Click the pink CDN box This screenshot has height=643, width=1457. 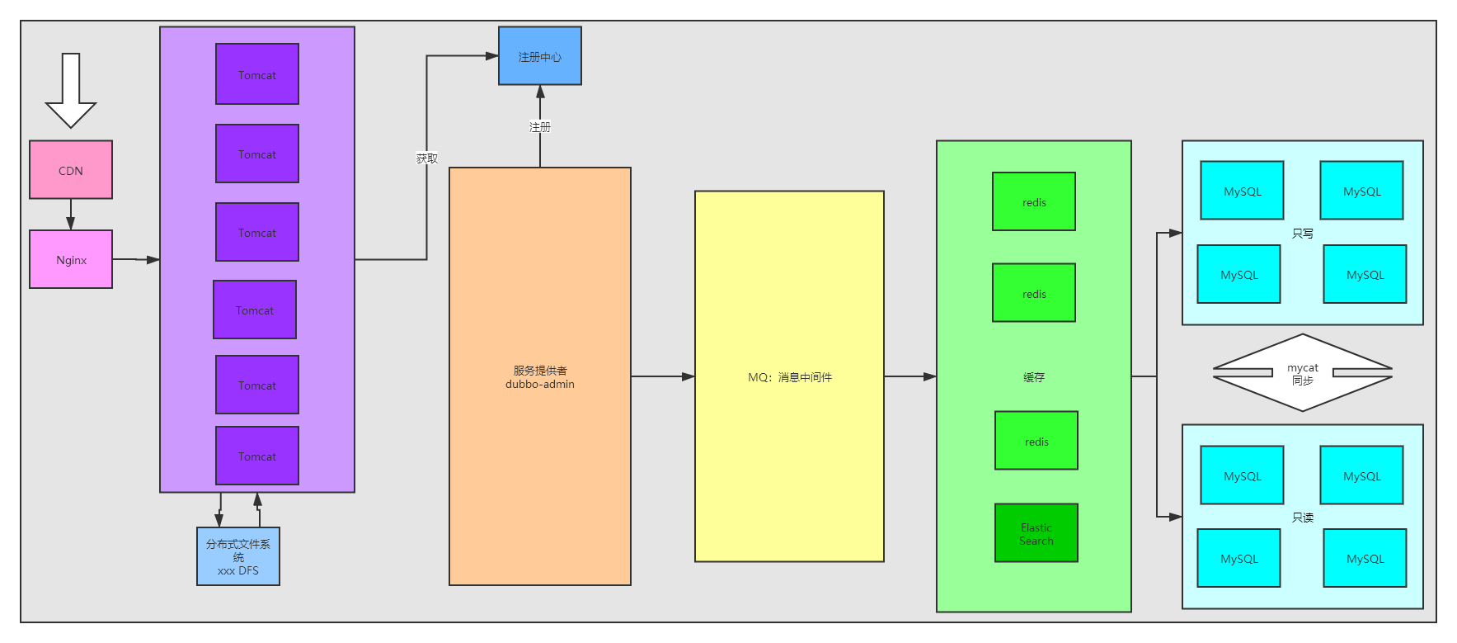click(x=71, y=170)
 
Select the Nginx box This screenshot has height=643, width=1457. click(x=71, y=259)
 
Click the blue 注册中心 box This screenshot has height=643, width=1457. click(x=540, y=56)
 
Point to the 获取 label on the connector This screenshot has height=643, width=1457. click(x=427, y=158)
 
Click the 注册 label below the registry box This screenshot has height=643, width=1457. click(x=540, y=127)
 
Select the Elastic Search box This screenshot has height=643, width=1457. click(x=1036, y=533)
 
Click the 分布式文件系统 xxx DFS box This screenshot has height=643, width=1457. click(x=238, y=556)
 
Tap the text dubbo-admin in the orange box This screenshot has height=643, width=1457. click(x=540, y=384)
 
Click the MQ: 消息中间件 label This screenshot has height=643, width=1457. click(x=790, y=377)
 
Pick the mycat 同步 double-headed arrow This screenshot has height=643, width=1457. click(x=1303, y=373)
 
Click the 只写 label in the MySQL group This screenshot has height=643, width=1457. click(x=1303, y=234)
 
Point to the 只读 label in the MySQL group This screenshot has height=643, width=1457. click(x=1303, y=518)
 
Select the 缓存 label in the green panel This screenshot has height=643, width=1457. click(x=1034, y=377)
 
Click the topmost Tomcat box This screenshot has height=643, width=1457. click(x=257, y=74)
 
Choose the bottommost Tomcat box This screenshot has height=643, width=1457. click(x=257, y=456)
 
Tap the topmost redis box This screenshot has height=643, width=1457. click(x=1034, y=201)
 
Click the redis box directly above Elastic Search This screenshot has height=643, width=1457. click(x=1036, y=441)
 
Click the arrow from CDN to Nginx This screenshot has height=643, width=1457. click(x=71, y=215)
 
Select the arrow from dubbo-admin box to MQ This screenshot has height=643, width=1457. click(x=662, y=376)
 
